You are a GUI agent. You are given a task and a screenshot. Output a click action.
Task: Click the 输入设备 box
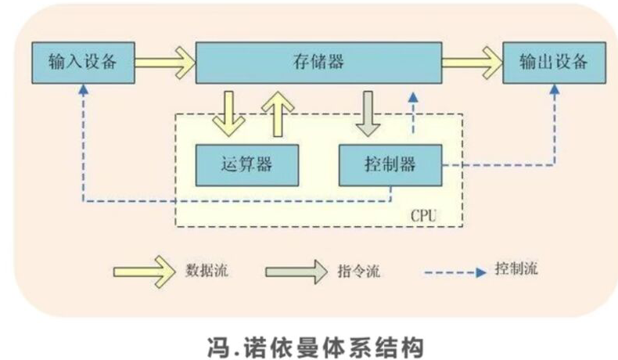(82, 62)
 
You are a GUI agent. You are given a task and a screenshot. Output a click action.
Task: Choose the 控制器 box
(389, 164)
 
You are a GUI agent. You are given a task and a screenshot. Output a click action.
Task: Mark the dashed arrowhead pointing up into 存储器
(413, 98)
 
